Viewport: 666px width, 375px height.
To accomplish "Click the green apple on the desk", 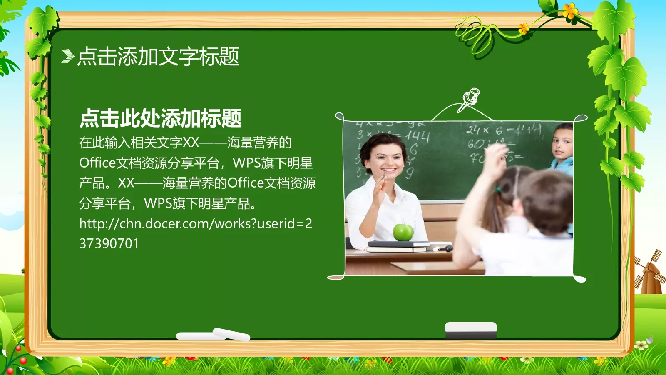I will click(x=403, y=232).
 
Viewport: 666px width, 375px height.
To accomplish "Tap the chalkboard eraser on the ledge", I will click(x=471, y=330).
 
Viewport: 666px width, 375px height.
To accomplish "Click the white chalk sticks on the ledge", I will click(x=213, y=335).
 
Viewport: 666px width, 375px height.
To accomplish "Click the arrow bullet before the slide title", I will click(x=67, y=56).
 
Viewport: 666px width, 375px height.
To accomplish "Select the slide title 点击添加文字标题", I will click(x=158, y=56).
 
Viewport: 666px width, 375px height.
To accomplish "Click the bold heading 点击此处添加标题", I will click(x=160, y=118).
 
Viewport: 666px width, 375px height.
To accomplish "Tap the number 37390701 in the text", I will click(x=109, y=243).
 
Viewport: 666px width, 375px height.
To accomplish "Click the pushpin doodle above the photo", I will click(x=470, y=100).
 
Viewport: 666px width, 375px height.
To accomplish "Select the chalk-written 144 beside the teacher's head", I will click(x=417, y=135).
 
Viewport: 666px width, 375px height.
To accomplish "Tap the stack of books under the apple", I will click(x=398, y=246).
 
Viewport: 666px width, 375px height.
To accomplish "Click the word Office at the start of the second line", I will click(x=97, y=162).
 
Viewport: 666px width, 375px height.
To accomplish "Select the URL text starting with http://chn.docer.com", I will click(x=196, y=224).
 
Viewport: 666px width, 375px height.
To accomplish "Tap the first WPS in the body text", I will click(x=245, y=162).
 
